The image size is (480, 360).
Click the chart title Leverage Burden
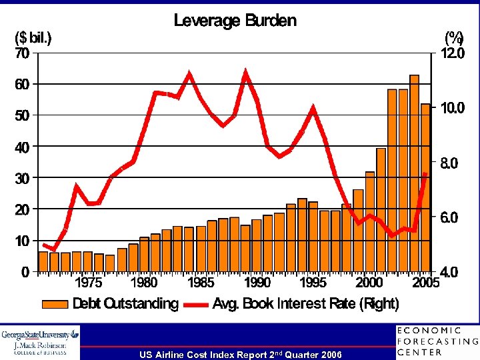click(235, 21)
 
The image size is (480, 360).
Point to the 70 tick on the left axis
click(22, 53)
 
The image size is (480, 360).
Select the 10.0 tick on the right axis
click(453, 108)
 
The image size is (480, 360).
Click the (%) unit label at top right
click(454, 38)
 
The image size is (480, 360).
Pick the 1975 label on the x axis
click(87, 283)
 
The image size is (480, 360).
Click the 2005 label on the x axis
click(426, 283)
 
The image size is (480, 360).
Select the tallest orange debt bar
click(414, 173)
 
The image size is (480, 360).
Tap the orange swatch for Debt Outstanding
click(55, 305)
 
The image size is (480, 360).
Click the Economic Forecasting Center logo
click(437, 341)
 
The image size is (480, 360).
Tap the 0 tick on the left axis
click(25, 272)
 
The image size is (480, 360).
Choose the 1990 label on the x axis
click(256, 283)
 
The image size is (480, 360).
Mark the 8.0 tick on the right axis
click(453, 163)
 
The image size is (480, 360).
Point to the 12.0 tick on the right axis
click(453, 53)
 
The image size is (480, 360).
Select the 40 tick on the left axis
click(22, 147)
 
